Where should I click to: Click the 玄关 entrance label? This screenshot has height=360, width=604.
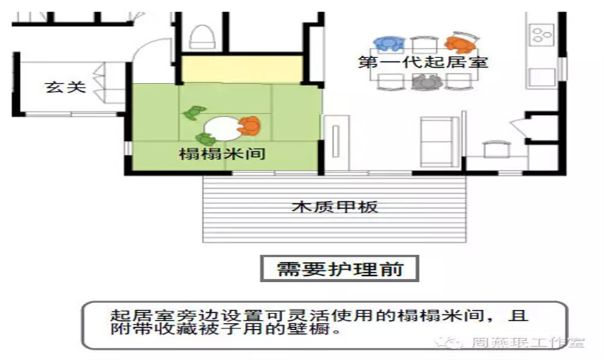pos(65,88)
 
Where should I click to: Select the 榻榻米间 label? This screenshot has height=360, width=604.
pos(222,155)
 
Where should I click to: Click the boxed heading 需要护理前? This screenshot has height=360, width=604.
pos(338,268)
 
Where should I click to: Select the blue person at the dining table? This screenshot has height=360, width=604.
pos(388,44)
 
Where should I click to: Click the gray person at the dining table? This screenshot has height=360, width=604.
pos(425,82)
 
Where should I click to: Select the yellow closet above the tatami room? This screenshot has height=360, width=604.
pos(242,68)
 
